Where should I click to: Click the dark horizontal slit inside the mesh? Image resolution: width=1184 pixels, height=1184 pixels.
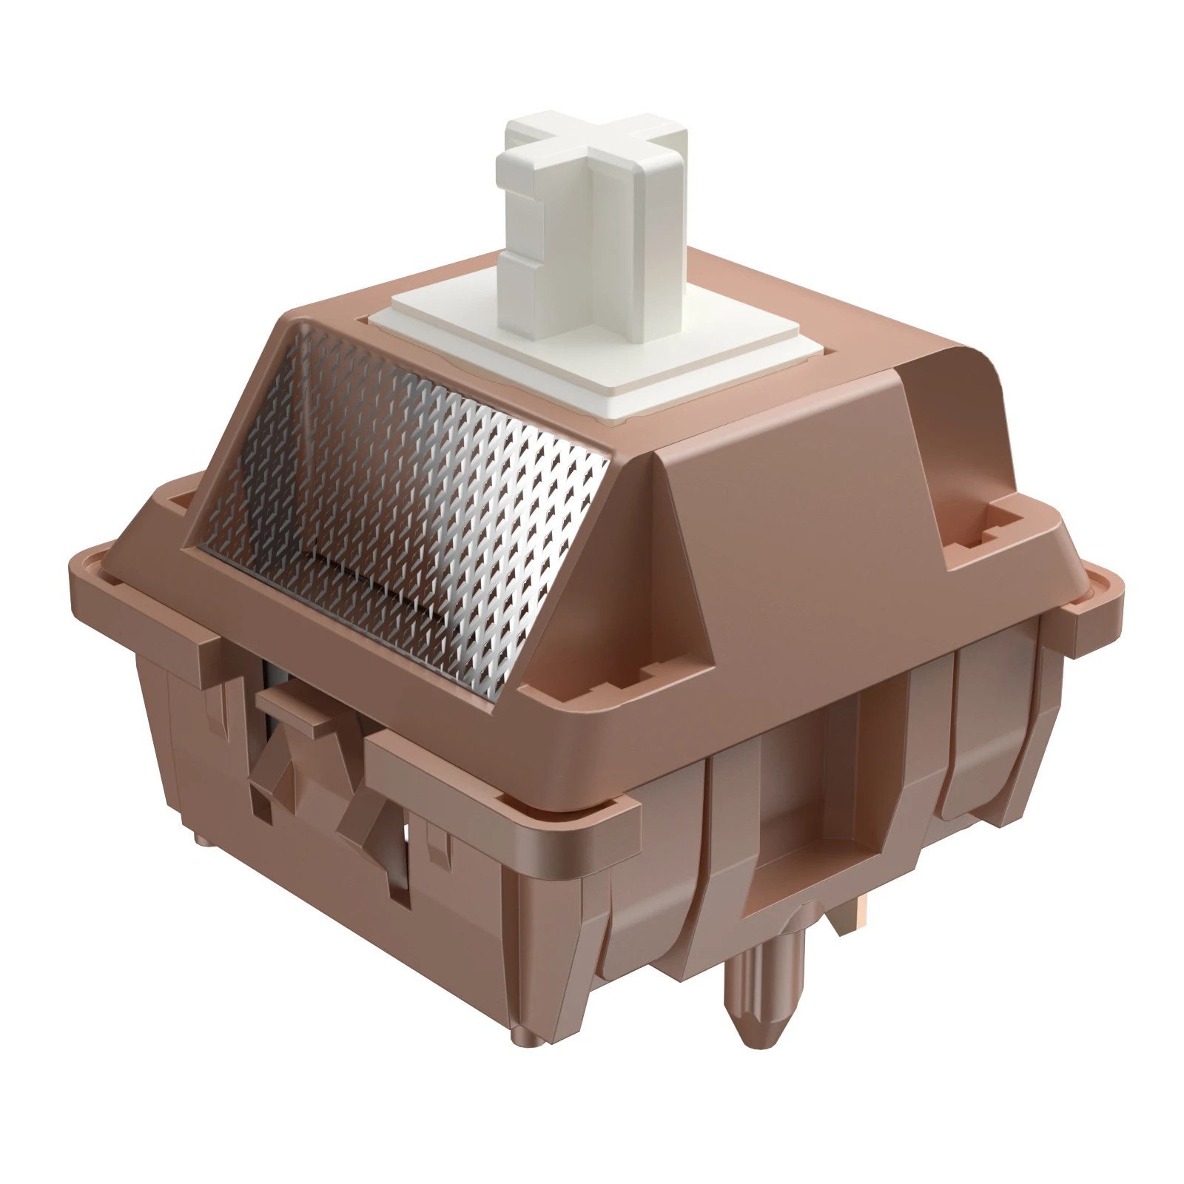pos(363,573)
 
